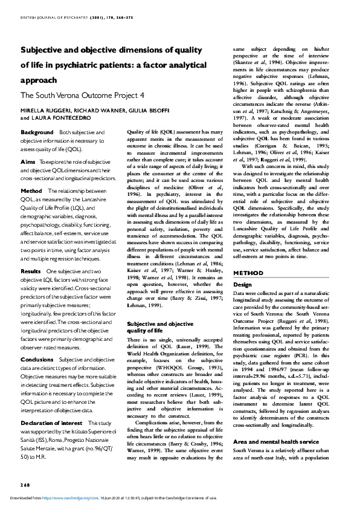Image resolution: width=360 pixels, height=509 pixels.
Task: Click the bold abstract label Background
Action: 37,132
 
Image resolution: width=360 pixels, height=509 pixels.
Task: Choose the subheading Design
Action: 242,284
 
